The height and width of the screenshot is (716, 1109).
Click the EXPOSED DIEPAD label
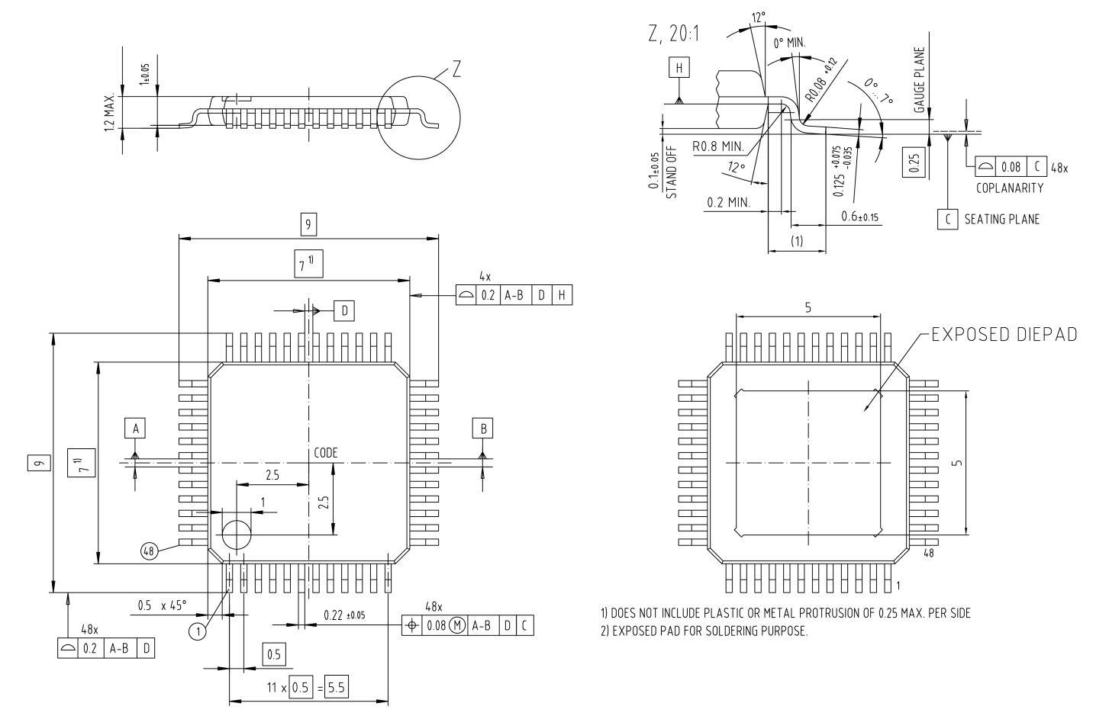tap(1005, 336)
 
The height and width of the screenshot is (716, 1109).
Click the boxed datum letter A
tap(135, 429)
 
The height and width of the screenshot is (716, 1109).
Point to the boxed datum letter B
tap(482, 429)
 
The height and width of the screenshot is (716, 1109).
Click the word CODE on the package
tap(326, 452)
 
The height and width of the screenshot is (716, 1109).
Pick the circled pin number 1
tap(198, 631)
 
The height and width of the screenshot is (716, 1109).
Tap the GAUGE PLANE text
tap(920, 81)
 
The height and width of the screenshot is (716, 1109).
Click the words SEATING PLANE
tap(1001, 220)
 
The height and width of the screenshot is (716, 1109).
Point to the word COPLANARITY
tap(1010, 188)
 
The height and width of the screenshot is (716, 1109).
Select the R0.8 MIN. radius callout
tap(719, 145)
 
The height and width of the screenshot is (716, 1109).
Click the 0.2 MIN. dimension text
tap(728, 203)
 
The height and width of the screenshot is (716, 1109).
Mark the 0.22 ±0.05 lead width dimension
tap(344, 615)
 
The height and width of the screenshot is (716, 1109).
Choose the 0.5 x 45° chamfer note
tap(162, 605)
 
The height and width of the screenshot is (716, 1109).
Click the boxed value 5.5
tap(336, 687)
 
